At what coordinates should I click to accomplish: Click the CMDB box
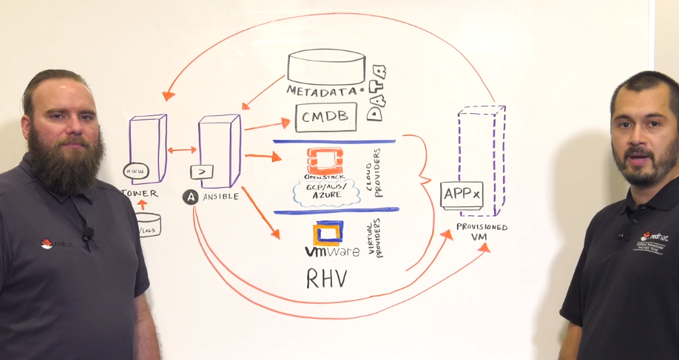click(x=325, y=117)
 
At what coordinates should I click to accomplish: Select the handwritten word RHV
click(x=327, y=278)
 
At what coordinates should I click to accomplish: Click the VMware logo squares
click(x=328, y=233)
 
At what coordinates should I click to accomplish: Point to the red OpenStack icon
click(x=325, y=160)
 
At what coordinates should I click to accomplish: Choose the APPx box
click(x=462, y=194)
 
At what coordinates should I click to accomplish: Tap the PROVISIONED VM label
click(x=482, y=232)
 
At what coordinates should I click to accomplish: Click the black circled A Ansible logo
click(x=190, y=197)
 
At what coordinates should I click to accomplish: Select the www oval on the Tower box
click(x=136, y=171)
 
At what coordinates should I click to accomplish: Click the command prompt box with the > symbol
click(x=202, y=171)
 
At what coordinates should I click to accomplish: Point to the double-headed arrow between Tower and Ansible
click(x=182, y=150)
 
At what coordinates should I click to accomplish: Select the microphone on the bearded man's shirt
click(x=87, y=234)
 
